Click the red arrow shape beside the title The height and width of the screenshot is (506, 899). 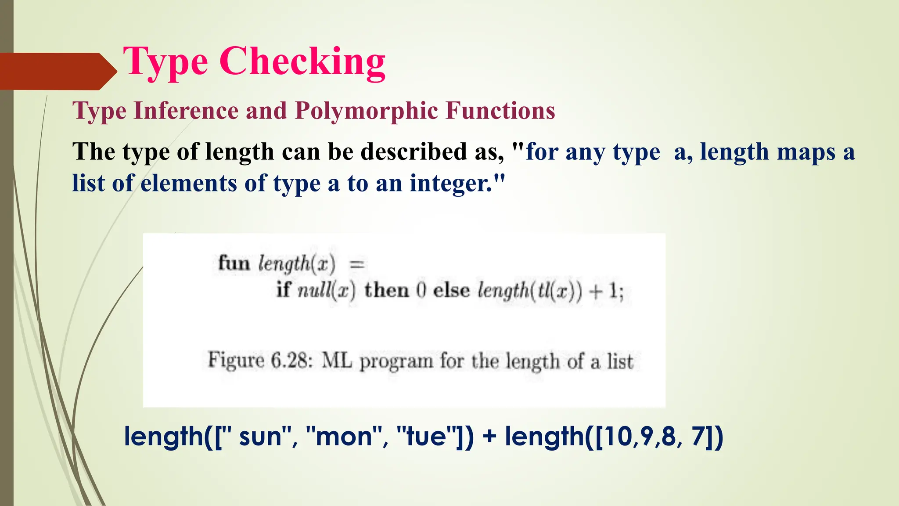pyautogui.click(x=57, y=71)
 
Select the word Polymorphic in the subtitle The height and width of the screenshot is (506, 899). pyautogui.click(x=366, y=110)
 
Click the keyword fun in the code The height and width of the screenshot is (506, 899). pyautogui.click(x=234, y=263)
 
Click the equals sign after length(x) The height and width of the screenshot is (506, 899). pyautogui.click(x=356, y=264)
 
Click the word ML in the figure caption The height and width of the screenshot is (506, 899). pyautogui.click(x=337, y=361)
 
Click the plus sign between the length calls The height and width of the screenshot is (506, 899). pyautogui.click(x=489, y=437)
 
